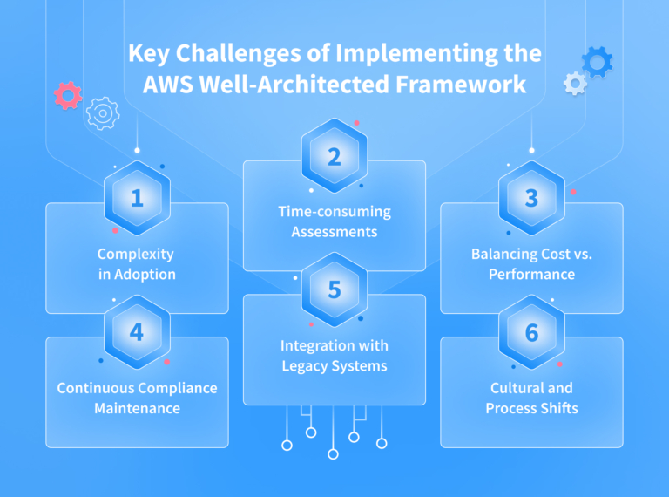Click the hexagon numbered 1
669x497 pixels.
[x=137, y=198]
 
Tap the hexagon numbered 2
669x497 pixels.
[x=334, y=157]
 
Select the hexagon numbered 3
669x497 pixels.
[x=531, y=198]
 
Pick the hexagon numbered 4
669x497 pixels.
[x=137, y=332]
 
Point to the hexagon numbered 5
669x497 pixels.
[x=334, y=290]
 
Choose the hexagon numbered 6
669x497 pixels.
[x=531, y=332]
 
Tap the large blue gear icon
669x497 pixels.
[x=597, y=61]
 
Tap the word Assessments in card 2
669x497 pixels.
[x=334, y=232]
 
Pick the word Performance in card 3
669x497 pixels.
[x=531, y=274]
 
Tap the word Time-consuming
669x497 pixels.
[x=334, y=212]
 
